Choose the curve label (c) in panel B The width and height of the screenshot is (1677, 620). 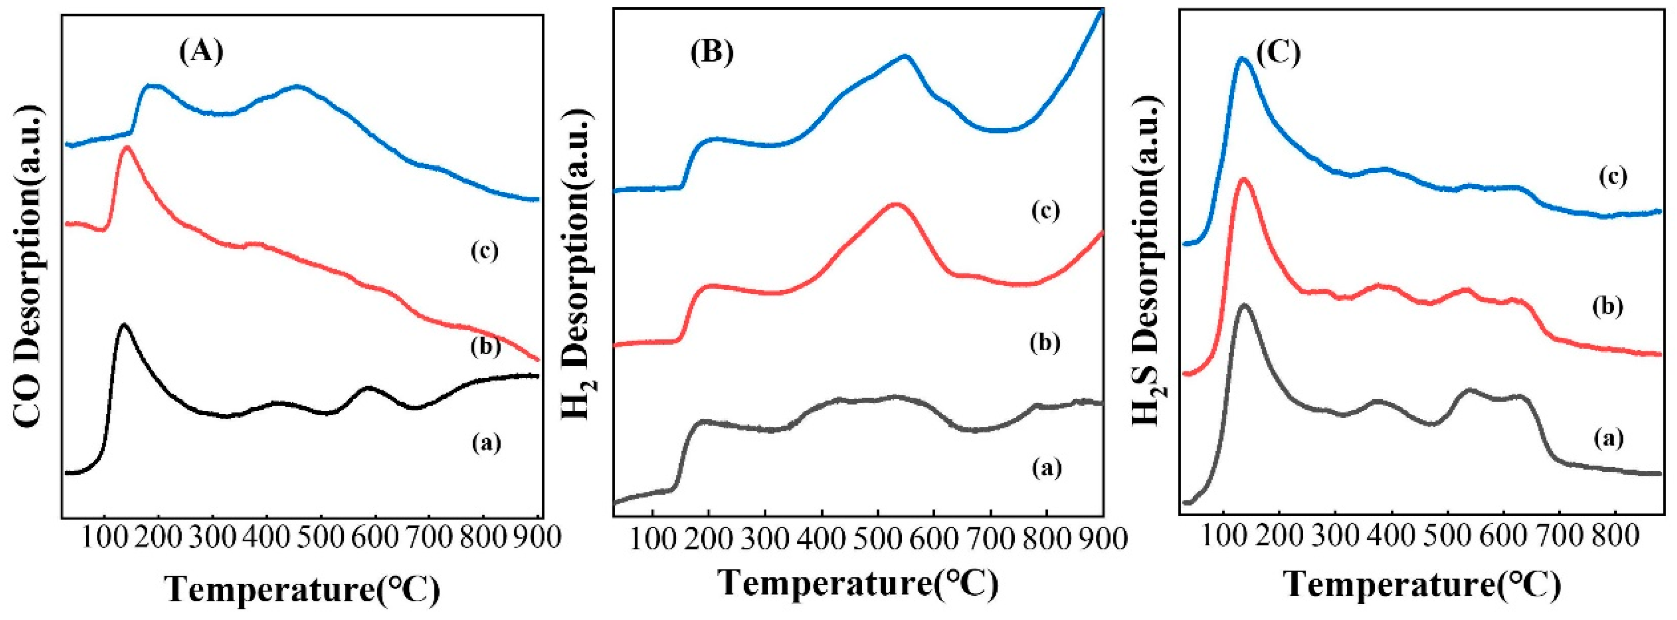[1046, 210]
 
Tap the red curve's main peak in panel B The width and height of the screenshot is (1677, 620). [895, 204]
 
